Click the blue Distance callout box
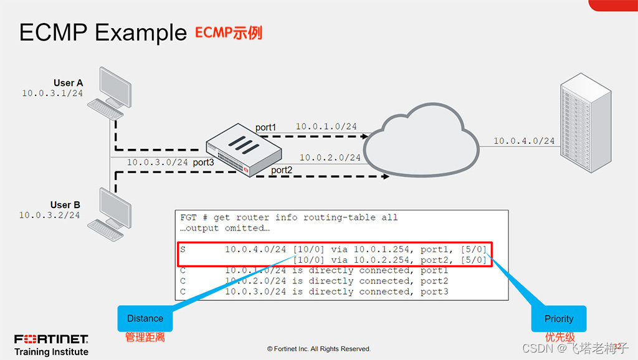[x=145, y=318]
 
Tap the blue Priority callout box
[x=558, y=318]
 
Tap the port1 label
[x=265, y=127]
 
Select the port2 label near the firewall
[x=281, y=169]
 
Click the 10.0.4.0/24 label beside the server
[x=524, y=141]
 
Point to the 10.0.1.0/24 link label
[x=326, y=126]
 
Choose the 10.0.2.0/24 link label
[x=330, y=158]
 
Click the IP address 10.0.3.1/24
[x=52, y=93]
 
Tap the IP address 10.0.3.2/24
[x=50, y=215]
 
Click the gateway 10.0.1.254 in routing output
[x=381, y=249]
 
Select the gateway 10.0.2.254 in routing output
[x=381, y=260]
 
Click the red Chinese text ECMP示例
[x=228, y=32]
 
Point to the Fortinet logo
[x=51, y=339]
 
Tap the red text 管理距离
[x=145, y=338]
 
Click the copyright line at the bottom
[x=318, y=349]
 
